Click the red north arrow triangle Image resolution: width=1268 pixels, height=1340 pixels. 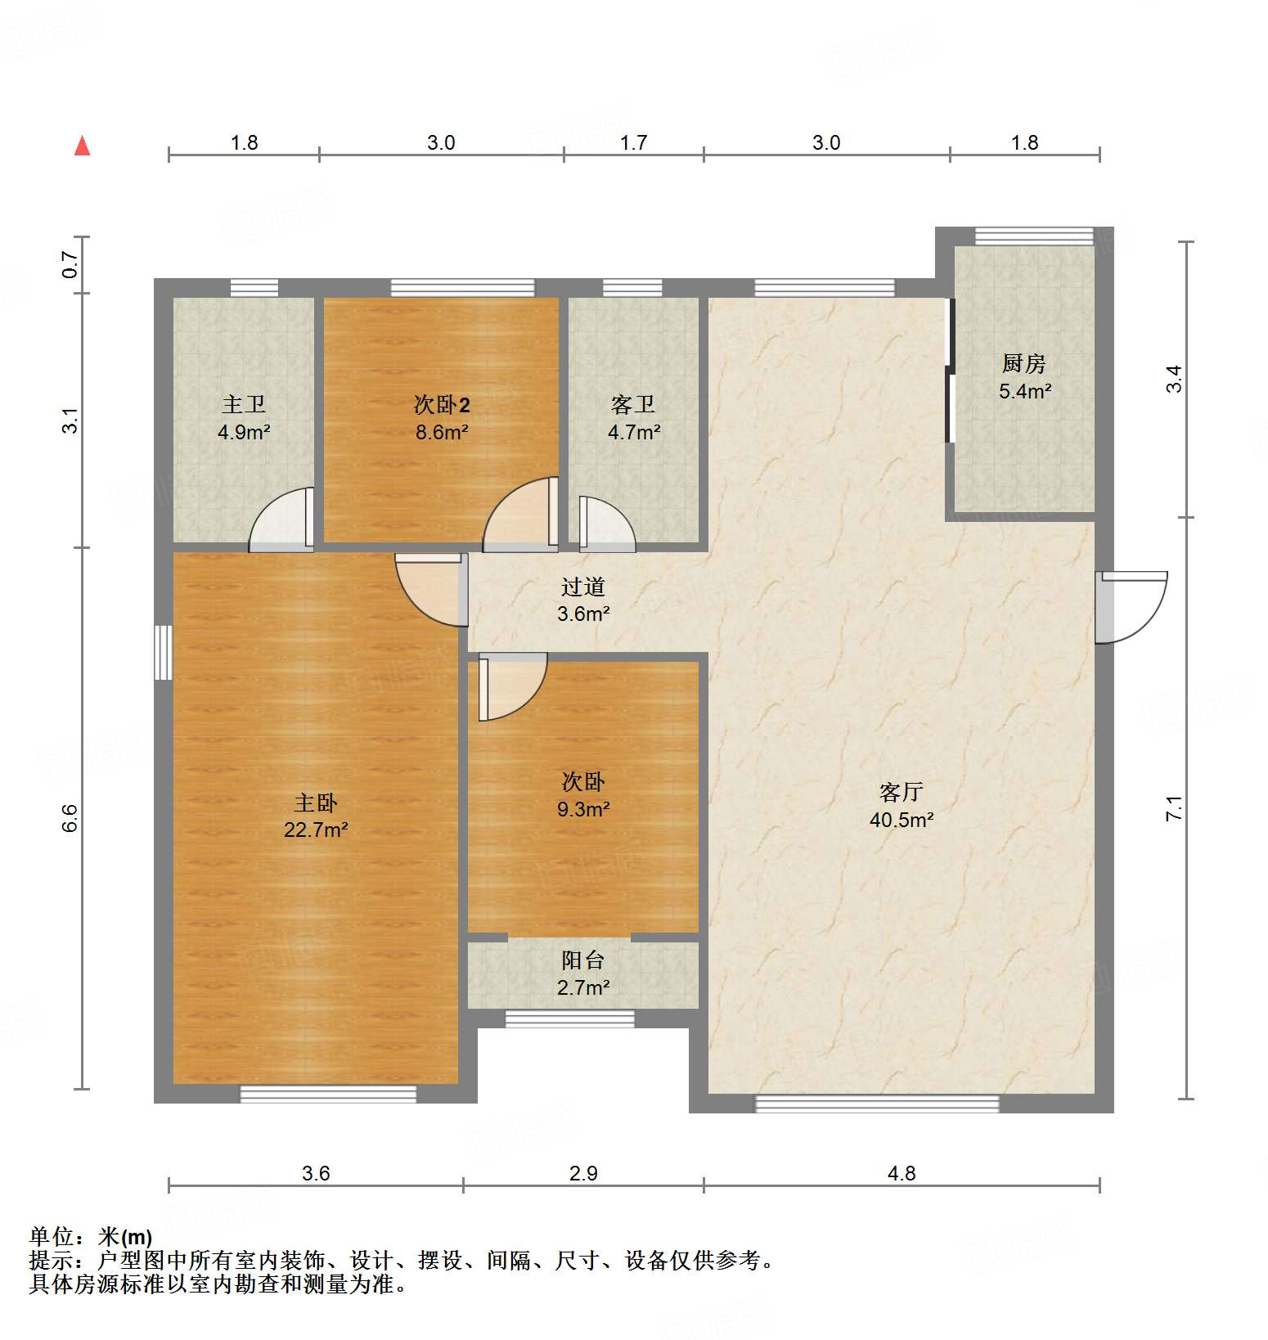(x=82, y=146)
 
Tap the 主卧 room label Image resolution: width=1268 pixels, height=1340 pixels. (x=316, y=803)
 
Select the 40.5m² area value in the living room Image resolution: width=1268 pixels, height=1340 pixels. (x=902, y=820)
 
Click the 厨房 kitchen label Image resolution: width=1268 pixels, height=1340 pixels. (x=1024, y=363)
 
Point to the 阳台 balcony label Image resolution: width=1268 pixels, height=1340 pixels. (x=582, y=960)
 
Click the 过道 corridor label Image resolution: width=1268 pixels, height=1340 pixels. (x=582, y=587)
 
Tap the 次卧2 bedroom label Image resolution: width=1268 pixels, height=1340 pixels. (x=441, y=404)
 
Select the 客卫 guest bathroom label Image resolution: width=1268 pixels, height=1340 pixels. (x=633, y=404)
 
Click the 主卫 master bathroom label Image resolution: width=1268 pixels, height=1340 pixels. (x=244, y=404)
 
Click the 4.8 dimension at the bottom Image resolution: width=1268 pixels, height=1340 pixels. (x=902, y=1174)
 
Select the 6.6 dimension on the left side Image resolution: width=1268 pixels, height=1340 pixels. (x=70, y=818)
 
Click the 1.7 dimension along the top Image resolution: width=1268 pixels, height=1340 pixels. (x=633, y=143)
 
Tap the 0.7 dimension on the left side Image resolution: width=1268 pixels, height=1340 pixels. (x=70, y=264)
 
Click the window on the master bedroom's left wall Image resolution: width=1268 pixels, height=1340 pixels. (x=164, y=652)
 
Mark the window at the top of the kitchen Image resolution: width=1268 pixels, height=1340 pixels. (x=1034, y=236)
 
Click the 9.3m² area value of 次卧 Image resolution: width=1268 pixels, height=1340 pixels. (x=582, y=809)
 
